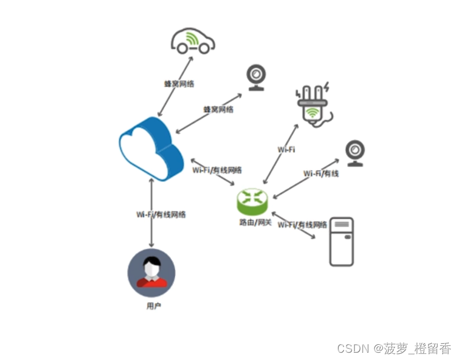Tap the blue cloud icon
coord(151,148)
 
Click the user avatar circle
coord(151,272)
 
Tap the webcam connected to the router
coord(355,153)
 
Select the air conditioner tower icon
coord(341,241)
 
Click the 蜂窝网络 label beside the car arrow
coord(179,83)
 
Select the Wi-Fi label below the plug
coord(286,149)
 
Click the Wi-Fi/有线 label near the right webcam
coord(321,174)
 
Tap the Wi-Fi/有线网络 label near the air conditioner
coord(302,225)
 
